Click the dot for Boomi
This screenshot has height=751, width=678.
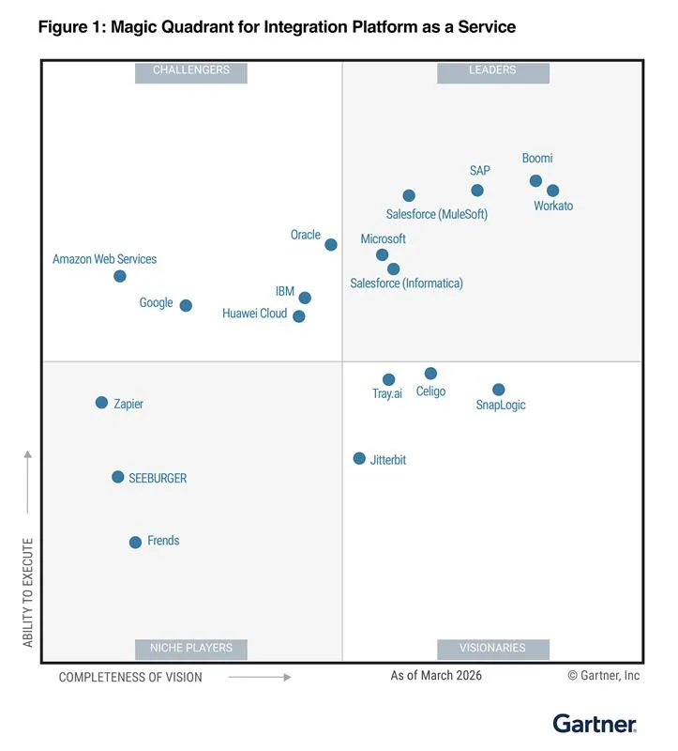[x=535, y=181]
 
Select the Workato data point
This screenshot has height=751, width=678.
[x=553, y=191]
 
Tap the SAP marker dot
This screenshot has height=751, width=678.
[x=477, y=191]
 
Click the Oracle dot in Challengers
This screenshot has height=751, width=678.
[x=331, y=245]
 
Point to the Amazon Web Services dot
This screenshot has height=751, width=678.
[x=120, y=276]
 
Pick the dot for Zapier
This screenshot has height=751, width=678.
[x=101, y=403]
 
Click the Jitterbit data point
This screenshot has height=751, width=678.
[x=359, y=458]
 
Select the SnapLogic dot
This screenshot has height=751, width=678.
[x=499, y=390]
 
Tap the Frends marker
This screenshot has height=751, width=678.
[x=135, y=542]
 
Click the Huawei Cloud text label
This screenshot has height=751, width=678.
[x=254, y=314]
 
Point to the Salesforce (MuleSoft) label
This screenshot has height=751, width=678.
[x=437, y=214]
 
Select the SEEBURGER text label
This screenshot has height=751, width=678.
[x=158, y=478]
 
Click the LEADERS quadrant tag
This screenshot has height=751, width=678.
[x=492, y=71]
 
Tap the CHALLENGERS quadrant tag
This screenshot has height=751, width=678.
[x=191, y=71]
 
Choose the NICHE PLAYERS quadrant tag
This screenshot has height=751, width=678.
[x=191, y=649]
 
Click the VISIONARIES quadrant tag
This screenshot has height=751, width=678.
[x=492, y=649]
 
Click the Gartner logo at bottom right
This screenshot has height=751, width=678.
[x=595, y=724]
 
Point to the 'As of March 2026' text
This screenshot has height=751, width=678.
[x=436, y=676]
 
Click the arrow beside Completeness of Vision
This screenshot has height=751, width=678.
[x=260, y=676]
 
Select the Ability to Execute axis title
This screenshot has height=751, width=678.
[x=28, y=592]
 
